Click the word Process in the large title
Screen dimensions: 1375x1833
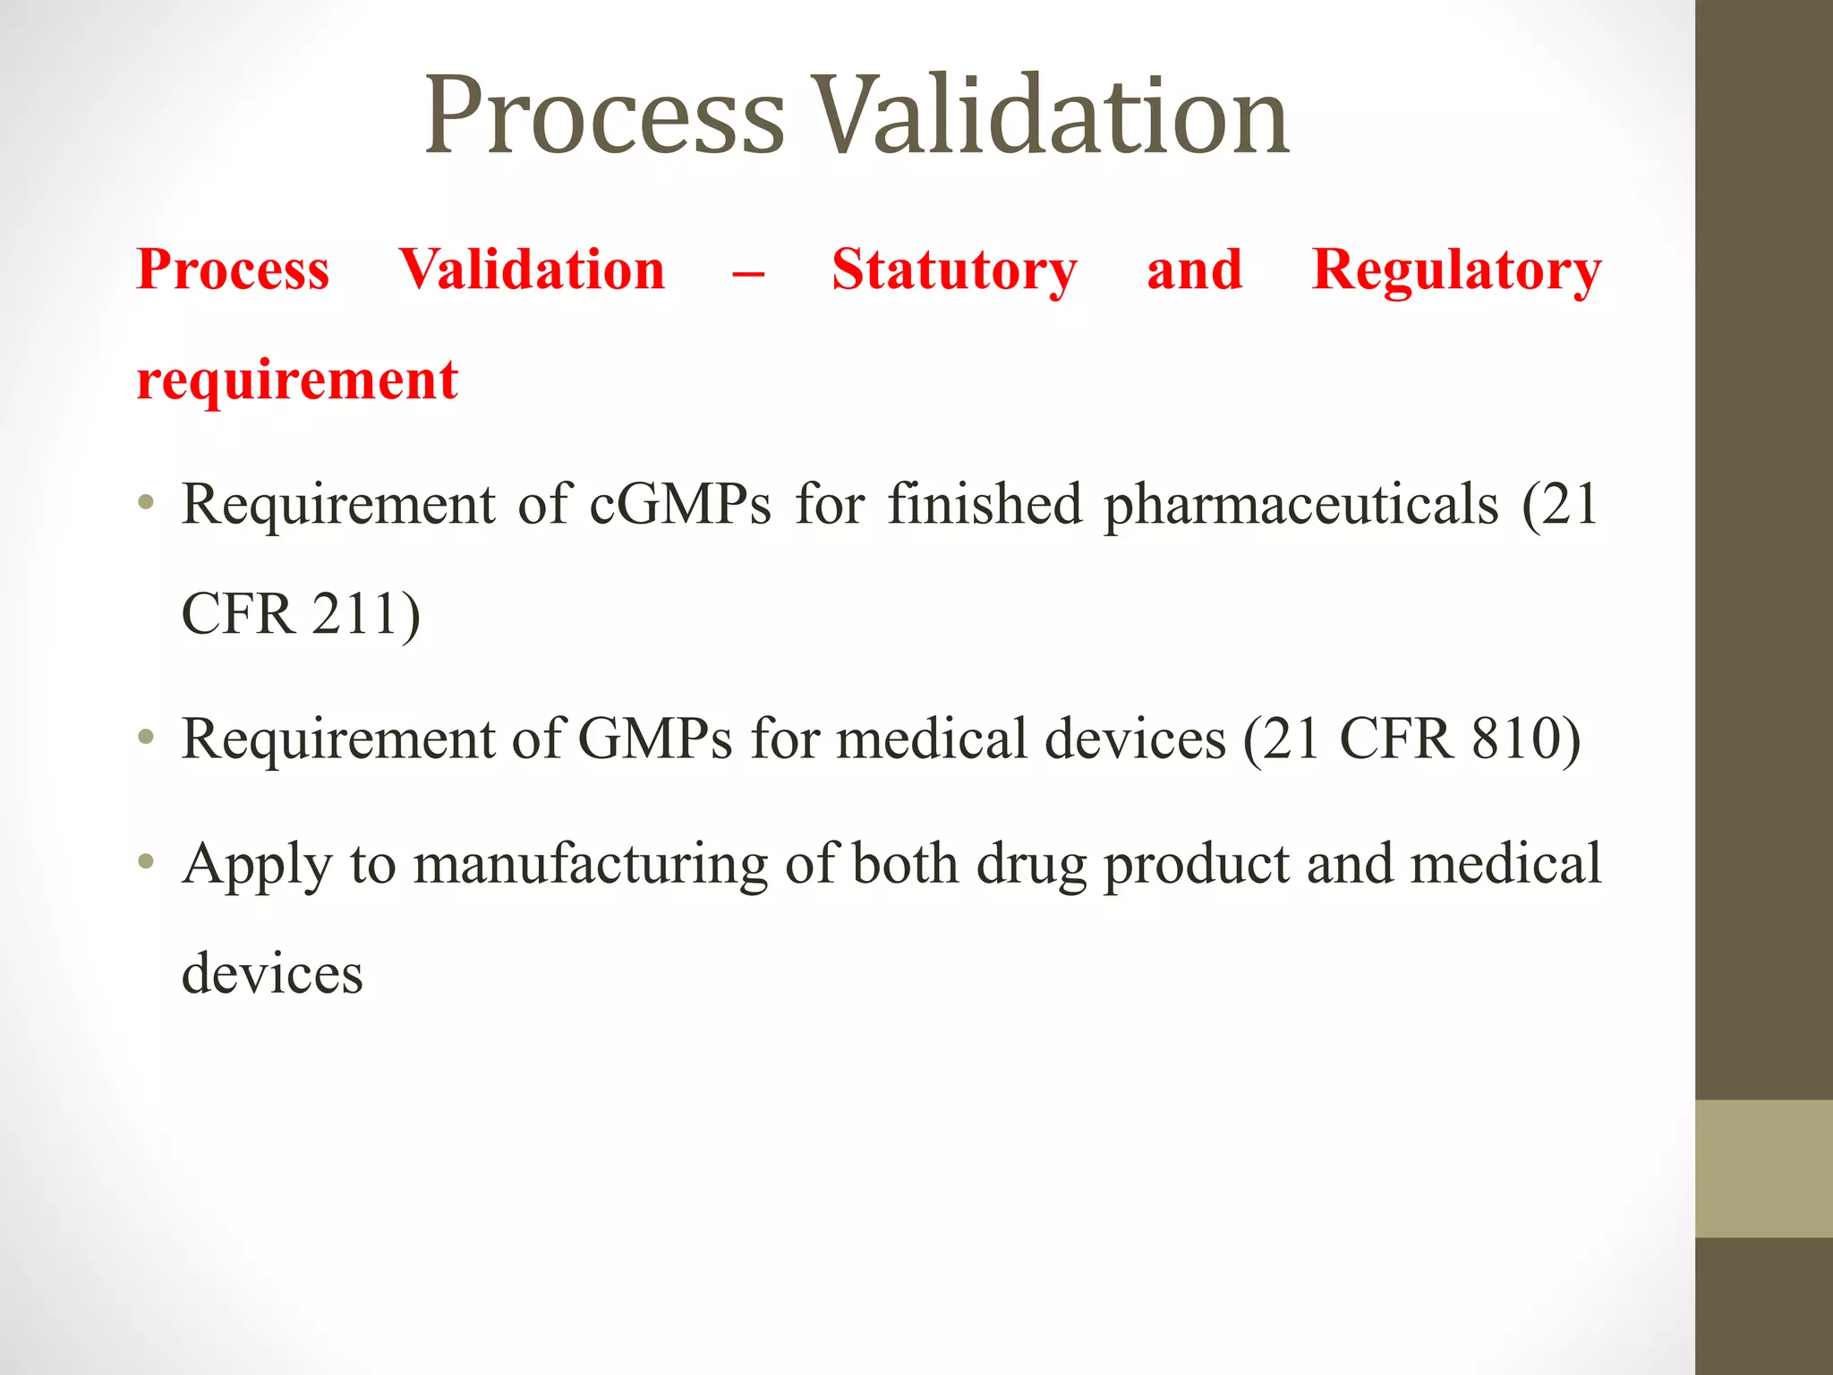604,116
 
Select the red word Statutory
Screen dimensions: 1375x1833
954,270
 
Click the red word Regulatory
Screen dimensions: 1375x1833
1456,270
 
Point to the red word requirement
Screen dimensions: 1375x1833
297,380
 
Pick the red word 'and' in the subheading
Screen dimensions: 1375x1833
1195,270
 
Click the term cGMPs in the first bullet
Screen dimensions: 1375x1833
680,504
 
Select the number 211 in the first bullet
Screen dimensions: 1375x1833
355,614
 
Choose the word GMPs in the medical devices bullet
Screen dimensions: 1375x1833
656,739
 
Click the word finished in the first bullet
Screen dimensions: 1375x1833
985,504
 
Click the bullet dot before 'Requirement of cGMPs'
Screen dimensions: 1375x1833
147,504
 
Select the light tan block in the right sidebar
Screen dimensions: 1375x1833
1764,1168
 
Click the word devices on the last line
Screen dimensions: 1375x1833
272,974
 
